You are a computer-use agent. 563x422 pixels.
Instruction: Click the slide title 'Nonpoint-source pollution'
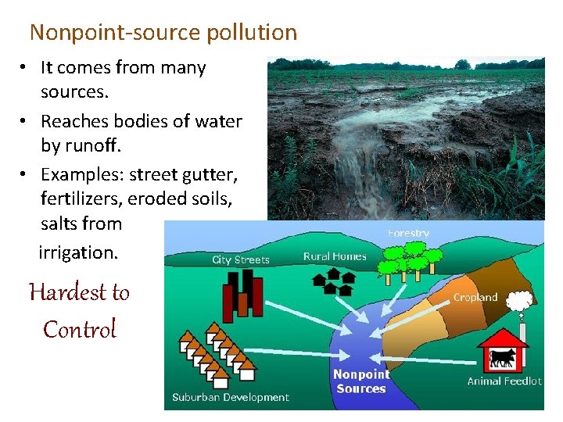coord(163,33)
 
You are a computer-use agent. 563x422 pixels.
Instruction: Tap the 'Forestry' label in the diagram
coord(408,233)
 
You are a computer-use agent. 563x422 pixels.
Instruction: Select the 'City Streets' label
coord(241,259)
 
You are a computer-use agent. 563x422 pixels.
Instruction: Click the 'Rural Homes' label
coord(335,256)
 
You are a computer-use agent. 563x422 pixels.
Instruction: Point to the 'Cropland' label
coord(475,297)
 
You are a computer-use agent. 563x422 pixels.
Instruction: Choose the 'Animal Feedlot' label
coord(504,381)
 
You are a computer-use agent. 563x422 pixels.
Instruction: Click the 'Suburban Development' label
coord(231,397)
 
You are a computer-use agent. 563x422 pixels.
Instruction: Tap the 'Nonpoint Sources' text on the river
coord(360,381)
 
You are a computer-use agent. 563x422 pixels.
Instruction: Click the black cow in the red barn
coord(501,359)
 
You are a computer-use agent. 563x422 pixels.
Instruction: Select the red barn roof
coord(501,338)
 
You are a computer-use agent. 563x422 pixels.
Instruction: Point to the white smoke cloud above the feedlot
coord(518,301)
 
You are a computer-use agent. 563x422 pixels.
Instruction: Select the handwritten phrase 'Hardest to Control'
coord(79,310)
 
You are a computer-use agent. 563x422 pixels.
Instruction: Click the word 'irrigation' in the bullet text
coord(77,252)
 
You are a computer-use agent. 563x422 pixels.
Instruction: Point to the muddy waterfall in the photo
coord(352,172)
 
